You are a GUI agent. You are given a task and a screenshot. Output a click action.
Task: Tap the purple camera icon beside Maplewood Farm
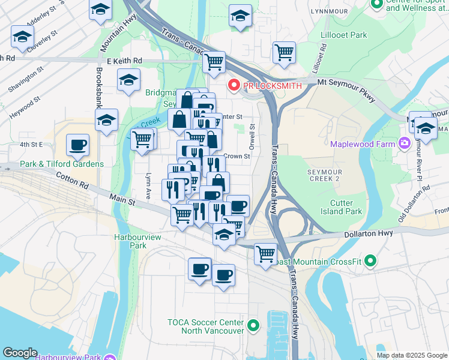405,143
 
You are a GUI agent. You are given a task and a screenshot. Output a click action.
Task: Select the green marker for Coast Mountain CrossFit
370,260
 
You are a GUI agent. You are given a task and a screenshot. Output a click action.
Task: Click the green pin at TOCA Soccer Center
253,326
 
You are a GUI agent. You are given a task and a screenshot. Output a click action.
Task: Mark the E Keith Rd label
124,61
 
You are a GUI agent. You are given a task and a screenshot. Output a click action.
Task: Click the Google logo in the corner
20,352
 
